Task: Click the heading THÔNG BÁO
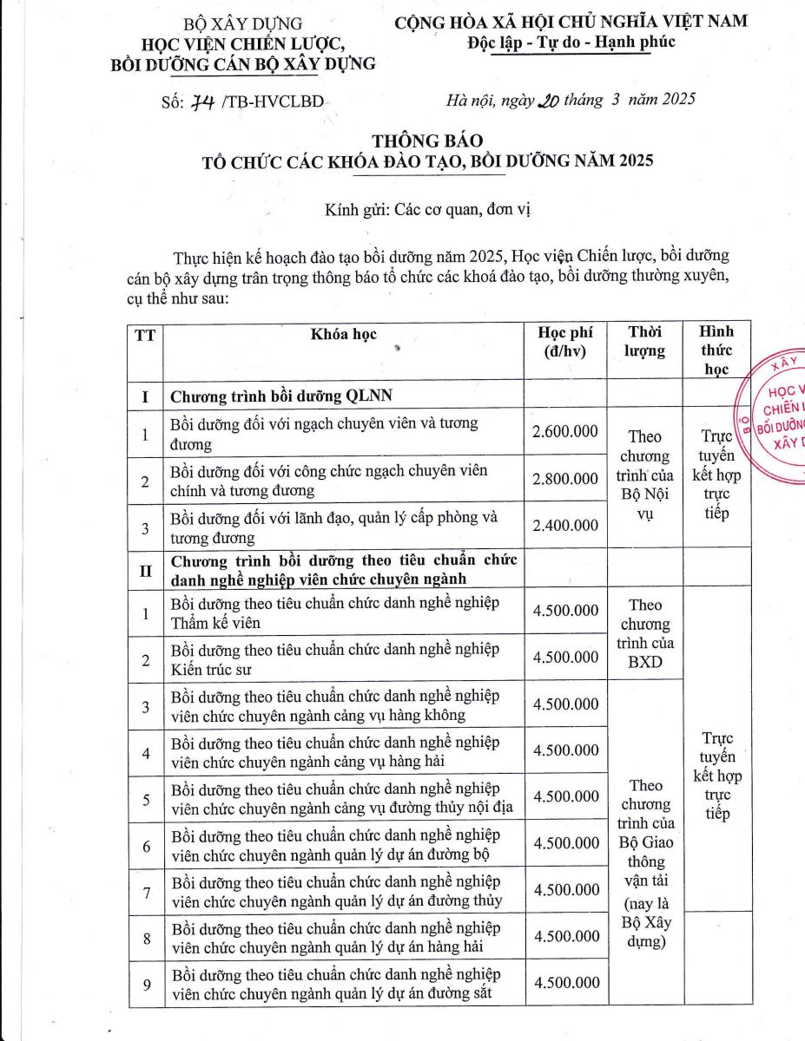pyautogui.click(x=426, y=140)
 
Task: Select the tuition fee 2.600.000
pyautogui.click(x=565, y=431)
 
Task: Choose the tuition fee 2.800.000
pyautogui.click(x=565, y=478)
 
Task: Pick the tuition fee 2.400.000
pyautogui.click(x=565, y=525)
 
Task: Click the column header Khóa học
pyautogui.click(x=344, y=334)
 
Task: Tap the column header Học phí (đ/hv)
pyautogui.click(x=564, y=342)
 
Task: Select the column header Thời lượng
pyautogui.click(x=644, y=342)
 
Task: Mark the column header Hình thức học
pyautogui.click(x=716, y=350)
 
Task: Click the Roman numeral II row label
pyautogui.click(x=145, y=569)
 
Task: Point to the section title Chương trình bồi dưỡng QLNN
pyautogui.click(x=282, y=396)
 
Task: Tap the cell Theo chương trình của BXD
pyautogui.click(x=644, y=633)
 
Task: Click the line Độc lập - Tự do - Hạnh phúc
pyautogui.click(x=571, y=42)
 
